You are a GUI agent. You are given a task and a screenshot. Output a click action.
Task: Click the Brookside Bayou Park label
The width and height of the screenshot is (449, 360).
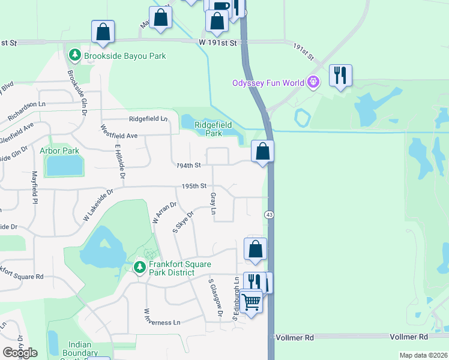125,56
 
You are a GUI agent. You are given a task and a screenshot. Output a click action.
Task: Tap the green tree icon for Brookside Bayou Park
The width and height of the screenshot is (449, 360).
75,56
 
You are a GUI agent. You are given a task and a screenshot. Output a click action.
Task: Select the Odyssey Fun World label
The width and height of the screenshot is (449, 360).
268,83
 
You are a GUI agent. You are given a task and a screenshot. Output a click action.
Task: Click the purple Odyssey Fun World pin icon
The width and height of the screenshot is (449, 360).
312,82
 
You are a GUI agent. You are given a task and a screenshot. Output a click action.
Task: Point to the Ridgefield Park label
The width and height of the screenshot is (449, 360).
213,128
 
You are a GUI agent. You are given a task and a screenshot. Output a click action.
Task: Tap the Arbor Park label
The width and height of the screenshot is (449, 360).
59,151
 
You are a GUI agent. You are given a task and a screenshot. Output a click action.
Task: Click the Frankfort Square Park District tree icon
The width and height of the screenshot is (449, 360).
139,266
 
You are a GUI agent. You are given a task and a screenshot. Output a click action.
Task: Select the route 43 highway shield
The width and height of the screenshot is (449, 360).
268,215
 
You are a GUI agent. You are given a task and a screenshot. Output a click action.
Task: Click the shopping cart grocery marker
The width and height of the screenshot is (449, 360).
252,301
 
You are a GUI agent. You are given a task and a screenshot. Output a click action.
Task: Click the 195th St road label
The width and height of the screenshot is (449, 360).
194,186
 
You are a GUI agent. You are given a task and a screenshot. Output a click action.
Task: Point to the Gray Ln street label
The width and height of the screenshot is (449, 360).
213,204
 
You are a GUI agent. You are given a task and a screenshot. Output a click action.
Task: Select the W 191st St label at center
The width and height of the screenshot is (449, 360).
219,43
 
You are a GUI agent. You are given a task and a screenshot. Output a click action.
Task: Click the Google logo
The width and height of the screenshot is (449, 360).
20,353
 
